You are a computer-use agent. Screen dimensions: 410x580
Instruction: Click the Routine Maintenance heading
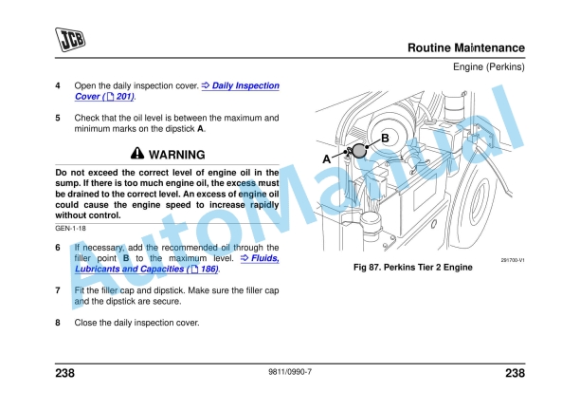465,47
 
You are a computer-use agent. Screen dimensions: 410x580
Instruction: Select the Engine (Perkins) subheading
488,67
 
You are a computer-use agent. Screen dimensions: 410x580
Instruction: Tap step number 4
58,86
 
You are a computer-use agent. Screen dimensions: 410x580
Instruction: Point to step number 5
58,118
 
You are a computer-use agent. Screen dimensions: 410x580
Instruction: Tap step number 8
58,322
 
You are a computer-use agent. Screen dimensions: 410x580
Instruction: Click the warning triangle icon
137,154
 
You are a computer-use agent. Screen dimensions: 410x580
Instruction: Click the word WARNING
177,154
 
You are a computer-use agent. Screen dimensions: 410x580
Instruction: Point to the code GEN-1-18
71,230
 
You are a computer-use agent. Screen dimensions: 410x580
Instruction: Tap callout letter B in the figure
385,139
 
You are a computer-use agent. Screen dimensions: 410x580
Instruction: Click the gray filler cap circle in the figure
360,150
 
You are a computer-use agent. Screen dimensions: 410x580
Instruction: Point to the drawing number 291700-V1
512,258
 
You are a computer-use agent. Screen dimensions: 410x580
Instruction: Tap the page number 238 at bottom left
65,373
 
